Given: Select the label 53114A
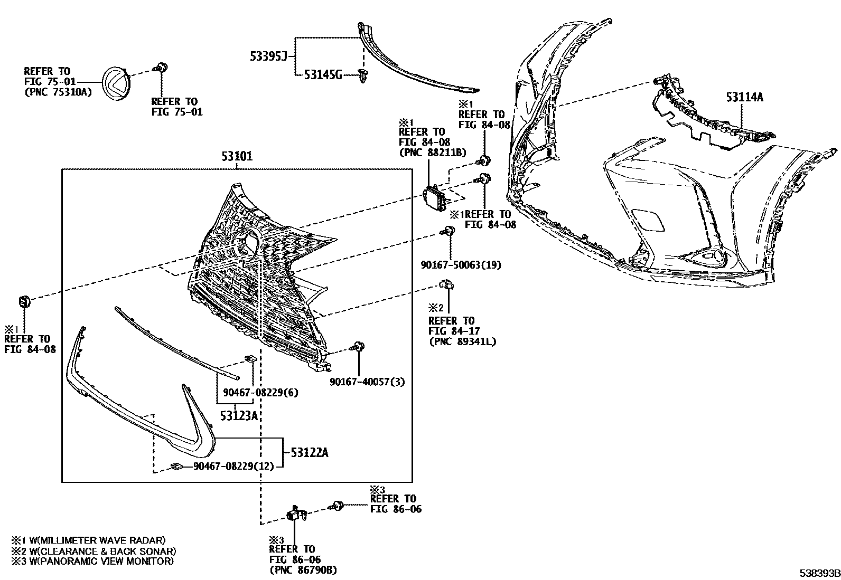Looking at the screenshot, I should coord(744,97).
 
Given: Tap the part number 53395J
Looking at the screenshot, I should coord(268,56).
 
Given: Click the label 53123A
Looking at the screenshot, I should coord(239,416).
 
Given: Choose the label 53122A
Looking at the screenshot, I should coord(310,452).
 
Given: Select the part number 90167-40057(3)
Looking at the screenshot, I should coord(367,382).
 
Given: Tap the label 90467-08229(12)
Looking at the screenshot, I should coord(233,467).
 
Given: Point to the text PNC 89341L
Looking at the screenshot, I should coord(462,341).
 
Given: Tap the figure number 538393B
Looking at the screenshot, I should coord(819,573).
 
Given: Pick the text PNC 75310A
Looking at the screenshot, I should coord(58,92).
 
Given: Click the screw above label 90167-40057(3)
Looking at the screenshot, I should coord(358,347).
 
